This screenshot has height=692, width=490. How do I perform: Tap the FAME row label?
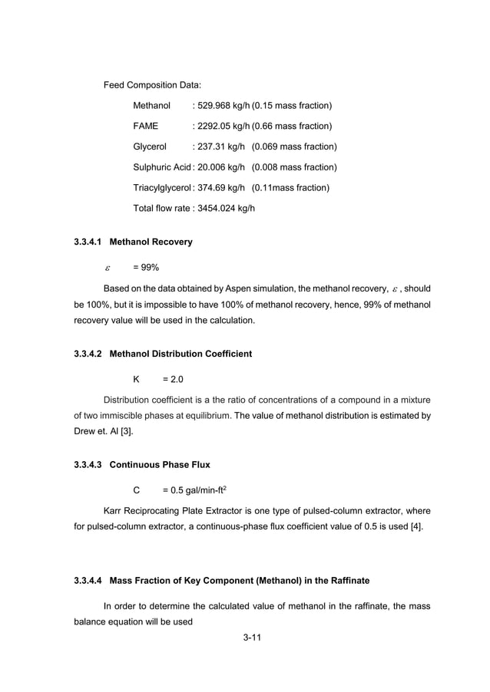[145, 126]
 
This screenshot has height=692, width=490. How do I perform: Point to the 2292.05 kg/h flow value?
[223, 126]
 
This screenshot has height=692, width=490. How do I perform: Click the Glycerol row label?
[150, 147]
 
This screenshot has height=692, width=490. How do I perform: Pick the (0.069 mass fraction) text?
[294, 147]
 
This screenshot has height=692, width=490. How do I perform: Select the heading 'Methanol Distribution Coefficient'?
[180, 354]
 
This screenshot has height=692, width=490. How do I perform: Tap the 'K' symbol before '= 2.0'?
[136, 380]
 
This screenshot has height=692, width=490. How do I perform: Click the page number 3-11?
[245, 638]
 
